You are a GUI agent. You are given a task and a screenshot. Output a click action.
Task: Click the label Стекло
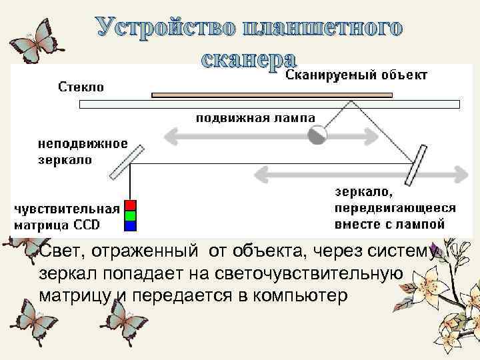click(81, 87)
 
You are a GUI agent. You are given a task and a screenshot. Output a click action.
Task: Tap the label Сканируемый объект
click(357, 75)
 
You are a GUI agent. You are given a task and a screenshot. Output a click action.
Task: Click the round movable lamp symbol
click(317, 135)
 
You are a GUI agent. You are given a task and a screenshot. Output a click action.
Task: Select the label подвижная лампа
click(255, 119)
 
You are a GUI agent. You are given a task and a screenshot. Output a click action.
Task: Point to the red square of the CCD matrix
click(131, 205)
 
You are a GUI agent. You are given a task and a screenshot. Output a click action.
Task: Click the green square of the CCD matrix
click(131, 215)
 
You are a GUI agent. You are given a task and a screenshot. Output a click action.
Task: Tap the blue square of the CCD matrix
click(131, 225)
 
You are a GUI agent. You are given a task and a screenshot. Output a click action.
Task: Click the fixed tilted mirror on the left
click(127, 163)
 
